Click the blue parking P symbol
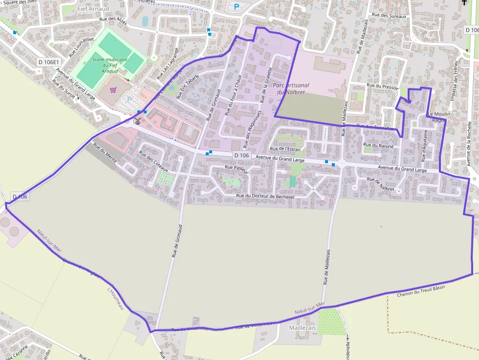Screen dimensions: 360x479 tap(237, 7)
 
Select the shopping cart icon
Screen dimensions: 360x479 tap(113, 90)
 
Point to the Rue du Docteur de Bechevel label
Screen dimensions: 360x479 tap(265, 196)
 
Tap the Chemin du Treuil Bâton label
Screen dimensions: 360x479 tap(421, 291)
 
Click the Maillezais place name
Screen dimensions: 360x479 tap(303, 327)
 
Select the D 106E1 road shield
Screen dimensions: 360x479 tap(49, 62)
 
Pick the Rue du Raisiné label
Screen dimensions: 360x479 tap(379, 145)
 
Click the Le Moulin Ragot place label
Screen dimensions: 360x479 tap(438, 117)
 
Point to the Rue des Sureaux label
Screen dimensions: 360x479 tap(389, 16)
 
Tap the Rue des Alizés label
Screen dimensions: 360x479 tap(113, 22)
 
